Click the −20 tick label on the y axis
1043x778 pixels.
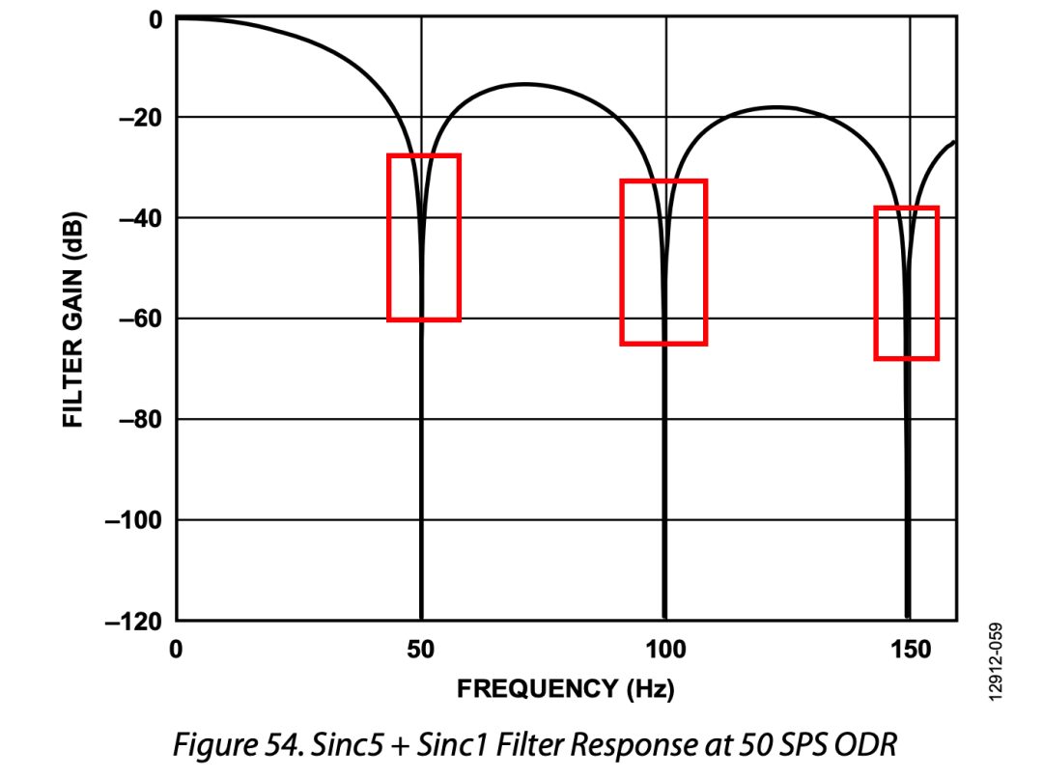139,118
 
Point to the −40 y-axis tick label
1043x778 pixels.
139,218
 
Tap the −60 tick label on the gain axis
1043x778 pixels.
139,319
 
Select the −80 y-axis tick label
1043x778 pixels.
139,419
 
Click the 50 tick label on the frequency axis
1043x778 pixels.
421,650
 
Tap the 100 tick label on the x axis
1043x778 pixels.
664,650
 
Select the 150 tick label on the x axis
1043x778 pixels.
910,650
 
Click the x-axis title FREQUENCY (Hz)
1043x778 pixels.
565,688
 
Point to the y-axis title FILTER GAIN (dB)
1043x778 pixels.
72,320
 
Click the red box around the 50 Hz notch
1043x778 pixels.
423,156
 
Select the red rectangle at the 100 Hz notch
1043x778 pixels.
663,182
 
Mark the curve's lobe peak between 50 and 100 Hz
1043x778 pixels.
523,84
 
